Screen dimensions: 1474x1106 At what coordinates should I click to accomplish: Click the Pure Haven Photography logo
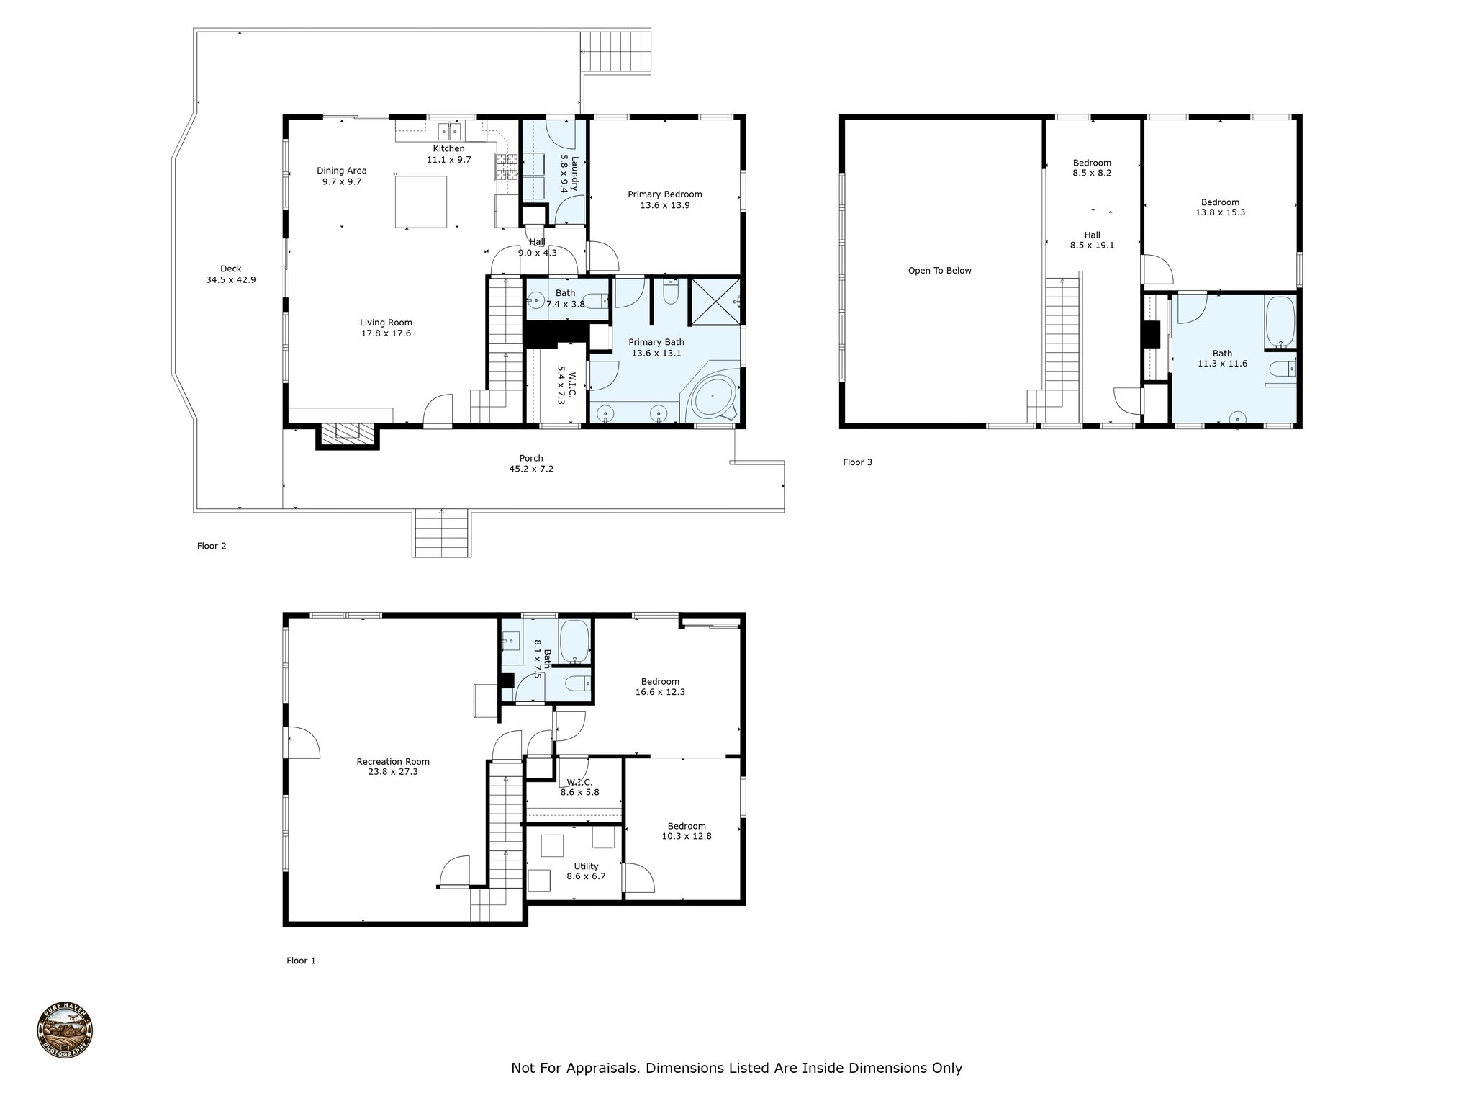click(x=65, y=1032)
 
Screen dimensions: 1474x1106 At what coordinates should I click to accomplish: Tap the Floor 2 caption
click(x=212, y=546)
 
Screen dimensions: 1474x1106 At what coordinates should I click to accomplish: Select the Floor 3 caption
click(x=857, y=462)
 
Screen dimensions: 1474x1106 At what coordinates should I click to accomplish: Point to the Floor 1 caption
click(x=301, y=961)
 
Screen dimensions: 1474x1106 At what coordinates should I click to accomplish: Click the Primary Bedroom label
click(x=664, y=194)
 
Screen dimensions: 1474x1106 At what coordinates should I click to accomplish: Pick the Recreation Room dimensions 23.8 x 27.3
click(x=393, y=772)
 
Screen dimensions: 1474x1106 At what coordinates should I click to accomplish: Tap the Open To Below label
click(x=939, y=271)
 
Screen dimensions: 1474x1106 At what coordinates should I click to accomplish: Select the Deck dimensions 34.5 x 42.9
click(x=230, y=280)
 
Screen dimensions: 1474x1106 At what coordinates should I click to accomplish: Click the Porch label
click(x=531, y=458)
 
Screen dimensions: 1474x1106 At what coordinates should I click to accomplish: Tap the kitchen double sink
click(x=451, y=130)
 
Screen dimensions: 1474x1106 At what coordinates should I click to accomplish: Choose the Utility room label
click(x=586, y=866)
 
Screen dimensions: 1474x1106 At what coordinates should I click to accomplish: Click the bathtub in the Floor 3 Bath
click(x=1280, y=321)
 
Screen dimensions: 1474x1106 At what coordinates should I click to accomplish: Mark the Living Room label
click(x=386, y=323)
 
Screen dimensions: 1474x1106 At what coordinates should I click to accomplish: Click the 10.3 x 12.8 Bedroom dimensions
click(x=687, y=836)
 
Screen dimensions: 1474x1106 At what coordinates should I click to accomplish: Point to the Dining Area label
click(x=342, y=171)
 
